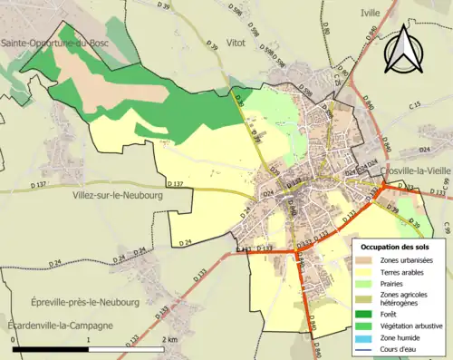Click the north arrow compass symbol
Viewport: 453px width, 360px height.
(405, 48)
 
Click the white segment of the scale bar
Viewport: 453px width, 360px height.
(126, 348)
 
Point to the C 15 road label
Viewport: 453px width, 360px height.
(415, 107)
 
